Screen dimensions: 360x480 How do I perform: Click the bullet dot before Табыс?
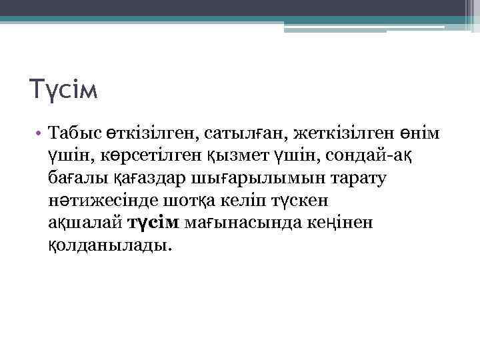pyautogui.click(x=40, y=134)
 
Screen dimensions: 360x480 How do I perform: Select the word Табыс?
pyautogui.click(x=74, y=134)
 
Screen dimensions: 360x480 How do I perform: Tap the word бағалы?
pyautogui.click(x=76, y=178)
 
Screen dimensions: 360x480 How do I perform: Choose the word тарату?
pyautogui.click(x=363, y=178)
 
